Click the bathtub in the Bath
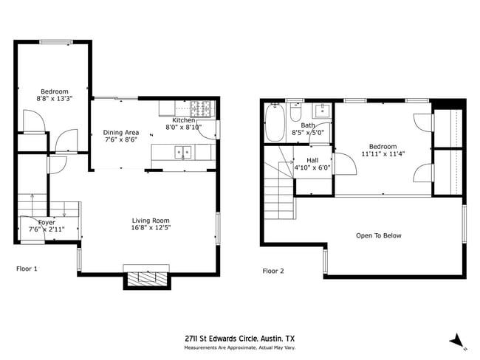[x=275, y=122]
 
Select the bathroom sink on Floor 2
[x=322, y=111]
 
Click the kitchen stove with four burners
[x=201, y=108]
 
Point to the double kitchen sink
[x=181, y=152]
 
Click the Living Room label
[x=151, y=221]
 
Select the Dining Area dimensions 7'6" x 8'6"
[x=121, y=139]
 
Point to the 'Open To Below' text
[x=378, y=236]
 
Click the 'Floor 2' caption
[x=272, y=271]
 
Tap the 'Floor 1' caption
[x=27, y=269]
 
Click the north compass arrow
[x=458, y=340]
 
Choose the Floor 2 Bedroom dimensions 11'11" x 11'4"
[x=383, y=154]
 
